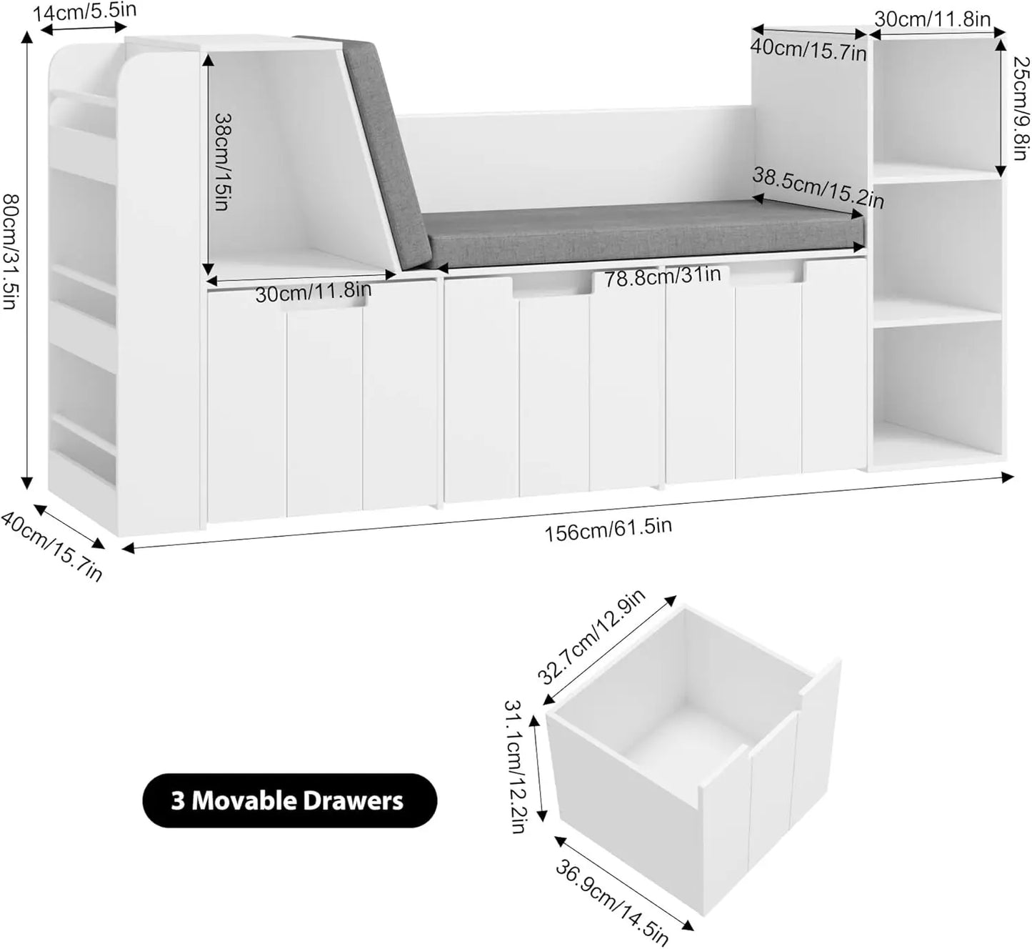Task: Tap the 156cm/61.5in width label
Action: point(608,529)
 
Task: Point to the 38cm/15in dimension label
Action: point(221,162)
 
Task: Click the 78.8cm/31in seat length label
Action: point(662,276)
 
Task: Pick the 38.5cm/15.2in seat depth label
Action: point(818,189)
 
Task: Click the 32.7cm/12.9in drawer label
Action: point(592,637)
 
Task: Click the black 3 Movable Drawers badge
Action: point(289,800)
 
